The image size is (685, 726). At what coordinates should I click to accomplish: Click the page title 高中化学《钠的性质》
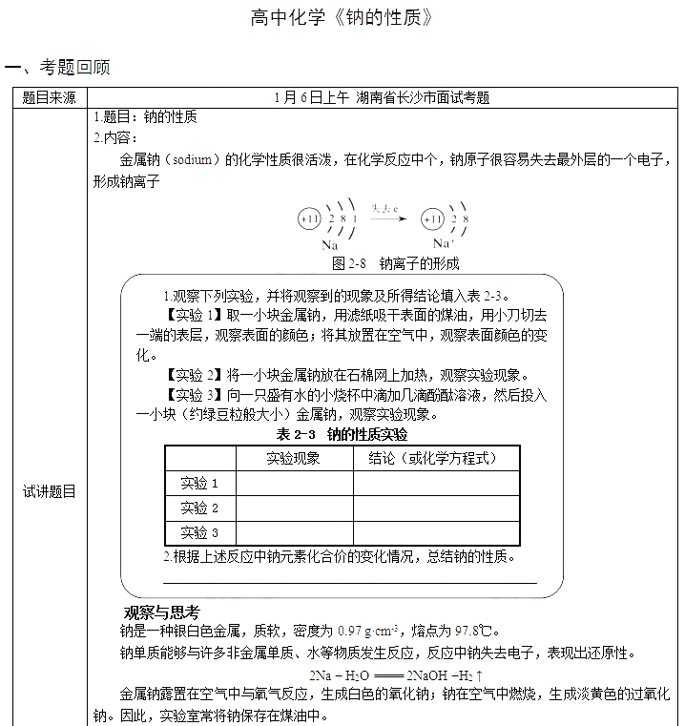(x=342, y=18)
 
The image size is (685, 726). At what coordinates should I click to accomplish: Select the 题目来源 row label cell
(x=49, y=97)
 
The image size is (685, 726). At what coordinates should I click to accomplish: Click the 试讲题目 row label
(x=49, y=492)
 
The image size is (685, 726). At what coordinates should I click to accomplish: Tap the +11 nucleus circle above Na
(x=309, y=218)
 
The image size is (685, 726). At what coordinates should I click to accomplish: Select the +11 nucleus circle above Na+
(x=433, y=218)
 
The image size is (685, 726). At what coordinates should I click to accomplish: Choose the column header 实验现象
(x=293, y=458)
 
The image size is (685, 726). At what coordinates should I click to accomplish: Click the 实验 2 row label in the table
(x=199, y=508)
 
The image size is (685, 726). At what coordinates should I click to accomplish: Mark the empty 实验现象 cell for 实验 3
(x=293, y=532)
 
